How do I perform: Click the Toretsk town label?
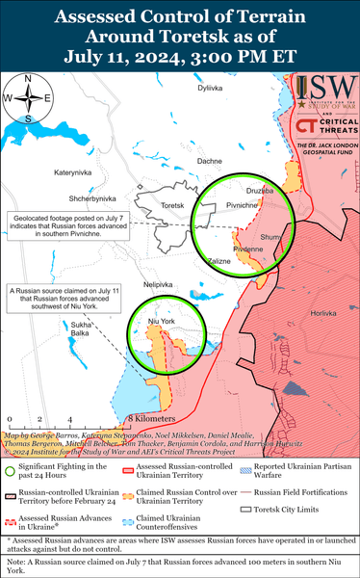(x=173, y=206)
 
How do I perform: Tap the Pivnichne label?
(x=242, y=206)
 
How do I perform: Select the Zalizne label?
(x=219, y=261)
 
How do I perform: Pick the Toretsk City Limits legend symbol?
(x=245, y=507)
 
